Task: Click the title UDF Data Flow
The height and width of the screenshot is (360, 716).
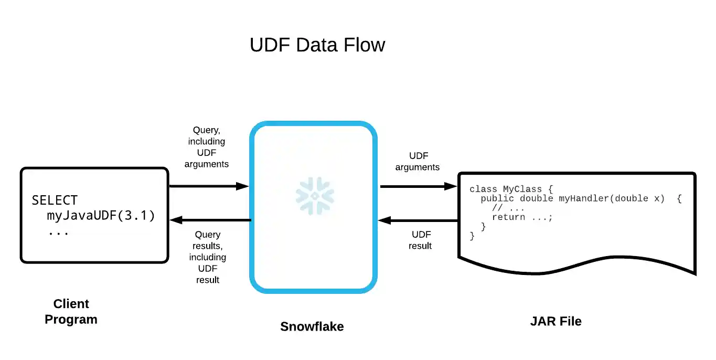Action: click(317, 45)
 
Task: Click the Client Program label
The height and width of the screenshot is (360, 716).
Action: click(71, 312)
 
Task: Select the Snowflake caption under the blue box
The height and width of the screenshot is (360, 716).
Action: click(312, 326)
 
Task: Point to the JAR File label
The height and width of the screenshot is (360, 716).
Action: click(556, 321)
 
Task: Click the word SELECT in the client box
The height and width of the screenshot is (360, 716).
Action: click(55, 200)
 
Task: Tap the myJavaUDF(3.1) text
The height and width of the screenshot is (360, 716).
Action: click(101, 216)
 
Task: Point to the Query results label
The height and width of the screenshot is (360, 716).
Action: click(208, 257)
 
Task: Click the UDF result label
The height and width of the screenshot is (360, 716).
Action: click(421, 240)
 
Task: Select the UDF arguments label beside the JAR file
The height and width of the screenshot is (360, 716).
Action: click(418, 162)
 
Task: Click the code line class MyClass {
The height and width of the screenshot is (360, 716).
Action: click(511, 189)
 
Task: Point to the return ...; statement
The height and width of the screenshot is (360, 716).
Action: click(522, 217)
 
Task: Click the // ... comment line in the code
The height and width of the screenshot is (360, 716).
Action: click(508, 208)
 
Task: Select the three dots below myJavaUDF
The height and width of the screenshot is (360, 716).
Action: click(58, 231)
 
